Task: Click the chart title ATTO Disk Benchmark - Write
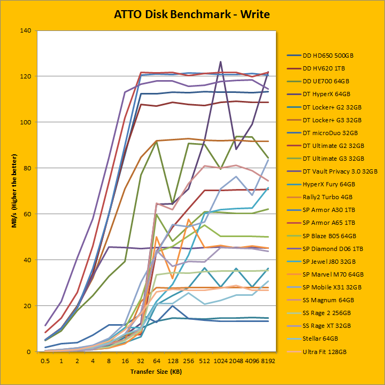(x=192, y=14)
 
